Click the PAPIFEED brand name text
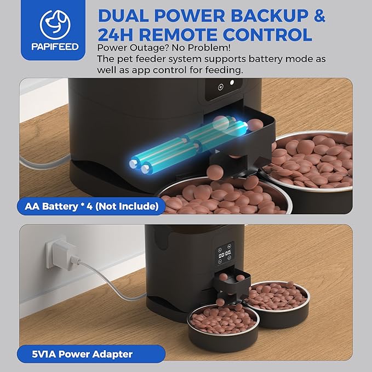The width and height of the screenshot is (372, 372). tap(55, 47)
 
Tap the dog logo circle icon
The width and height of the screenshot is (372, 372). tap(55, 25)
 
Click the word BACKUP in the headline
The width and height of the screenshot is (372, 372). tap(269, 16)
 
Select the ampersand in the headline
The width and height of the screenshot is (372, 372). tap(317, 16)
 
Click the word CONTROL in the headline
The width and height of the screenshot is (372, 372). tap(267, 34)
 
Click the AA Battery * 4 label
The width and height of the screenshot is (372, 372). tap(91, 206)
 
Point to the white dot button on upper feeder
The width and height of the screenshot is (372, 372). tap(232, 82)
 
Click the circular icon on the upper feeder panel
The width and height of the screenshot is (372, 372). tap(221, 87)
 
